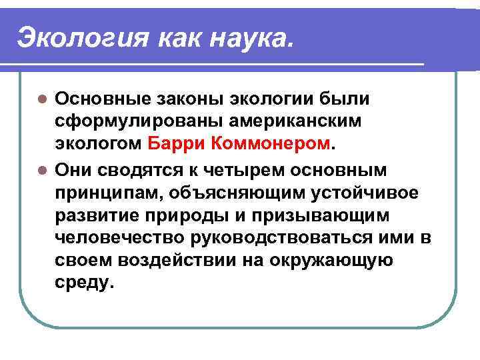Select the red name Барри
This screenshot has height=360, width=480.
pos(173,142)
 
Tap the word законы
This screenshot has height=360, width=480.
pos(186,99)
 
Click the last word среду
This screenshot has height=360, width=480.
pos(85,283)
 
